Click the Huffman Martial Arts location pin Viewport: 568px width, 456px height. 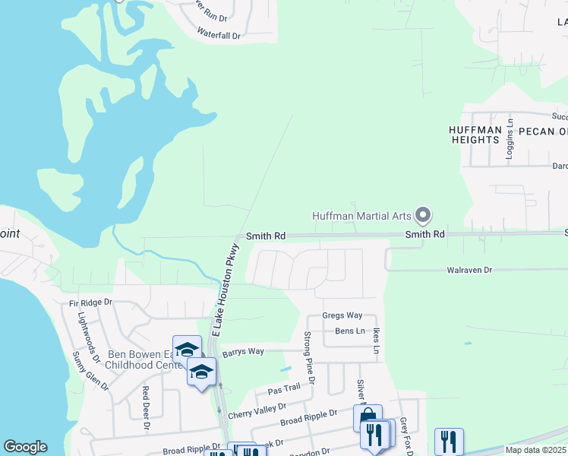[424, 216]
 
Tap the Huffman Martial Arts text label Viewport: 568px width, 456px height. [364, 216]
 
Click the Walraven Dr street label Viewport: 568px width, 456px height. [469, 270]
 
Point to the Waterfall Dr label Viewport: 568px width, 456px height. [219, 35]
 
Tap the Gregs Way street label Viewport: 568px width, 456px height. [342, 315]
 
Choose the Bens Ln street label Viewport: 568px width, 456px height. [350, 331]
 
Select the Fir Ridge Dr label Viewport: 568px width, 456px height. [90, 302]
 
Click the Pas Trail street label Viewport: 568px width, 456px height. [283, 388]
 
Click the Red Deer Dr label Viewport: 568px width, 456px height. [145, 408]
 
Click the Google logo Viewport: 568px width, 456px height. [25, 447]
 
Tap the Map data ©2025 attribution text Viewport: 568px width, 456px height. [535, 450]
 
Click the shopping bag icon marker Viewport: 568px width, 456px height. [367, 417]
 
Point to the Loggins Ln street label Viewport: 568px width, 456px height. [510, 141]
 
